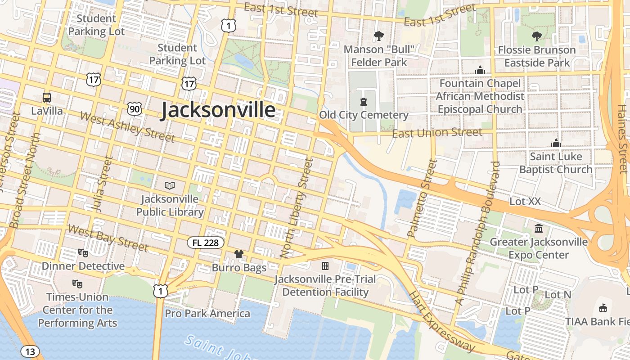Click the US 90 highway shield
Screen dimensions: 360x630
pos(135,108)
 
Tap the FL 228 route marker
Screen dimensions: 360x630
pos(206,243)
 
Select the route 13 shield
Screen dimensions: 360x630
pos(30,351)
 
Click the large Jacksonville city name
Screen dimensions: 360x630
pos(218,110)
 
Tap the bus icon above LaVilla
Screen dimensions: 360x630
pos(47,97)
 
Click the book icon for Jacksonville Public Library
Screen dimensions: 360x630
pos(170,185)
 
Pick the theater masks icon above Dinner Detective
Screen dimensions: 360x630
pos(83,252)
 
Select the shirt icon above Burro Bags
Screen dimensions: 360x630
pos(239,254)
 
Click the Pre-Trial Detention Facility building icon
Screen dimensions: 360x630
pos(325,266)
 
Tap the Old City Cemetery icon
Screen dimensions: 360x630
pos(363,102)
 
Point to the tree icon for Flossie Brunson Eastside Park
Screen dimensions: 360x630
pos(536,36)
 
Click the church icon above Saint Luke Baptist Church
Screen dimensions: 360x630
pos(556,143)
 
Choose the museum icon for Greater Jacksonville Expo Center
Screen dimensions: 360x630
pos(538,228)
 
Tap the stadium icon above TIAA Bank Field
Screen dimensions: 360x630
pos(603,308)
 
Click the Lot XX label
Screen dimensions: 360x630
pos(525,202)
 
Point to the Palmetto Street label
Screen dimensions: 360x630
pos(422,198)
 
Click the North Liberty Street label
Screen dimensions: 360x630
pos(296,208)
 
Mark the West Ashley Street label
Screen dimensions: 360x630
pos(127,127)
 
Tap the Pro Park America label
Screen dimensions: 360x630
pos(207,313)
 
